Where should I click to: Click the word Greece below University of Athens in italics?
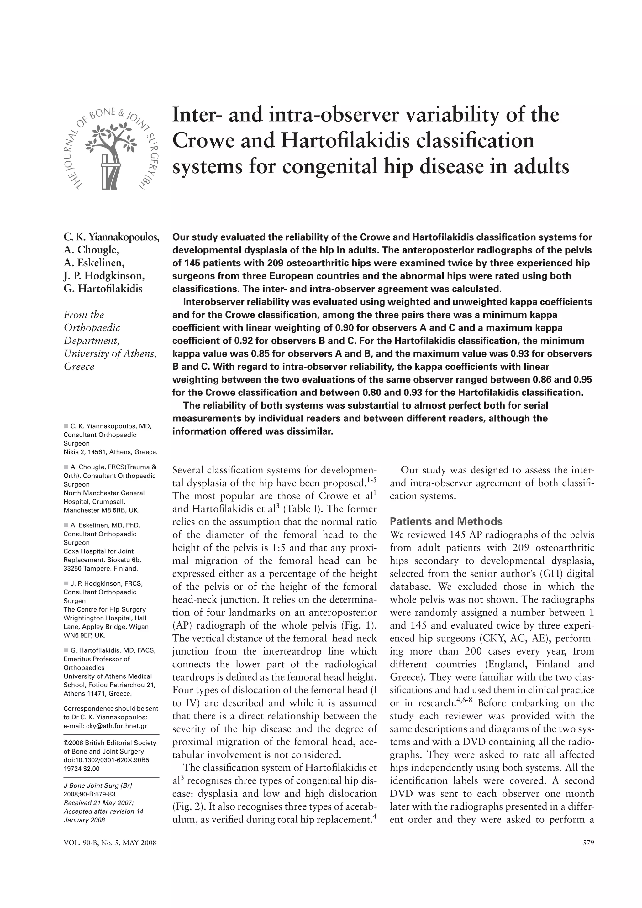coord(79,366)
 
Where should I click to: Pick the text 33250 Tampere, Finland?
coord(101,569)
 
